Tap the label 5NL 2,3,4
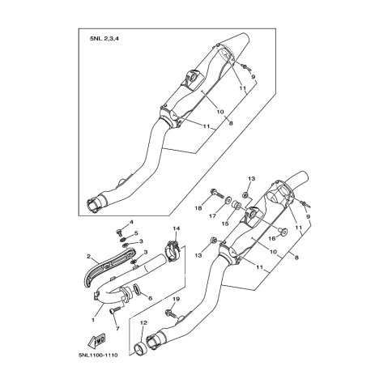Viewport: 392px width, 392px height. click(x=104, y=38)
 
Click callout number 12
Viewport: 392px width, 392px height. click(x=143, y=322)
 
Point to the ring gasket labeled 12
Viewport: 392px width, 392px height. click(x=140, y=349)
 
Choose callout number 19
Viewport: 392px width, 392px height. click(x=176, y=299)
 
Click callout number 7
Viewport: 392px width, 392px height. click(x=117, y=329)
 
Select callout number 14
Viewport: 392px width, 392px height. click(x=177, y=228)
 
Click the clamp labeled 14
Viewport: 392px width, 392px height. click(x=172, y=251)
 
